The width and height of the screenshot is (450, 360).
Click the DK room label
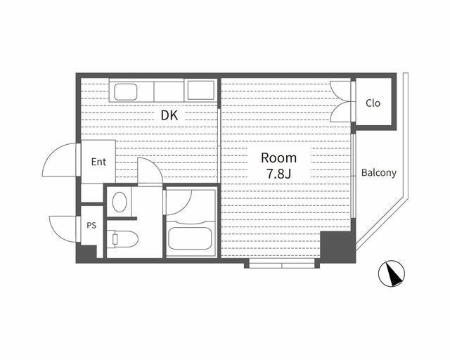click(169, 115)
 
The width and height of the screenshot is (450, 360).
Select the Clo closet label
click(373, 103)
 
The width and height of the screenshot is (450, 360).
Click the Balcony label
click(379, 172)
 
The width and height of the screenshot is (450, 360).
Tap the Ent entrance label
click(98, 162)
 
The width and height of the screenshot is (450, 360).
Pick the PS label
click(91, 226)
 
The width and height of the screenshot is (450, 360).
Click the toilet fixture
click(122, 238)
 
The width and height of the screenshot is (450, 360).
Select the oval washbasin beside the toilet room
click(119, 202)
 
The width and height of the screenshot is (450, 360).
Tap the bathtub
click(190, 238)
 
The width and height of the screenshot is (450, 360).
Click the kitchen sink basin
click(127, 91)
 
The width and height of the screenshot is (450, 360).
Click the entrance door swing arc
click(60, 160)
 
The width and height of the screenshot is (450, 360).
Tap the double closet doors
click(341, 104)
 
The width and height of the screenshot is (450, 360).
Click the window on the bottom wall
click(281, 265)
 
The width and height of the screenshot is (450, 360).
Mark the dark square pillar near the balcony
click(337, 247)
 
